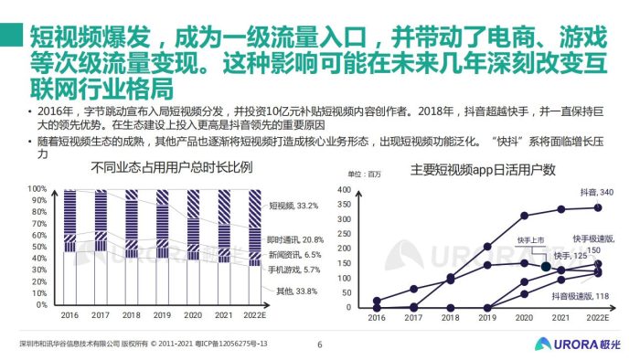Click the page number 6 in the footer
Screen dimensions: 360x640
[319, 345]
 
